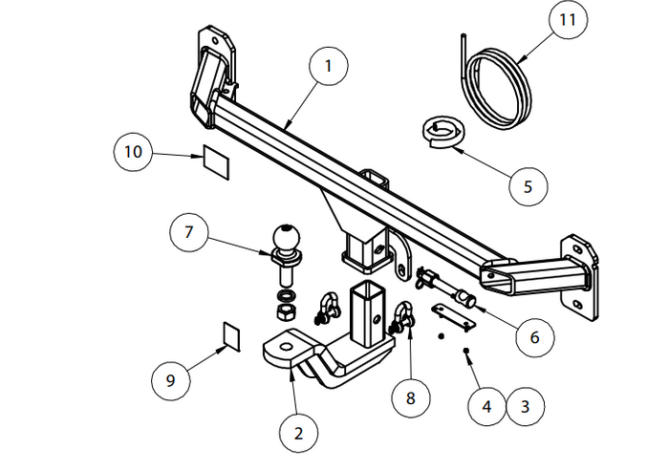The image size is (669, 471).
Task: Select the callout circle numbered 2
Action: (298, 433)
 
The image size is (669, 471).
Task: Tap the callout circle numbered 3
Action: (523, 406)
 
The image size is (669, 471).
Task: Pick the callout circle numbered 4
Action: (486, 406)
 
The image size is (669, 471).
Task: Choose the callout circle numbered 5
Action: (528, 185)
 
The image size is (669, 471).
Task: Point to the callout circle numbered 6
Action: (533, 336)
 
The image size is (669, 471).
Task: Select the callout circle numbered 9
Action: (169, 380)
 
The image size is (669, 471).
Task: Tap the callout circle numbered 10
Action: (133, 151)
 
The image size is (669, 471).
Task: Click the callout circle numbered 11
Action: (568, 23)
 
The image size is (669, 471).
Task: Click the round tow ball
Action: (286, 237)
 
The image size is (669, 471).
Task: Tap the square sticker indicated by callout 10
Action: (215, 161)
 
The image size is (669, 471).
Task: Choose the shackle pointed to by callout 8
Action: (404, 316)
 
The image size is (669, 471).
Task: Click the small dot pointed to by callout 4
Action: (465, 353)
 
